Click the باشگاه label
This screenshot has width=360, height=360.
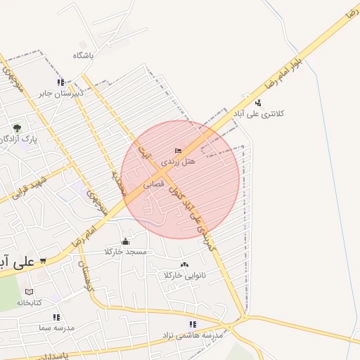83,55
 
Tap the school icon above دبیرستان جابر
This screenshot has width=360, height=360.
60,82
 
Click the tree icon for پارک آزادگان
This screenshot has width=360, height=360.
17,128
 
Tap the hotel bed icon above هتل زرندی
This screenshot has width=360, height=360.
178,150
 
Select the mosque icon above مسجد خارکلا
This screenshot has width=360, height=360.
125,241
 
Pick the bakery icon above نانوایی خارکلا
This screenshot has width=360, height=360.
184,264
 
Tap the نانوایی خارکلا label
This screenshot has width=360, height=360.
184,275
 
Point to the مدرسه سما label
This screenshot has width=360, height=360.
57,328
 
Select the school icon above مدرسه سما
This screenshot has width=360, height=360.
57,317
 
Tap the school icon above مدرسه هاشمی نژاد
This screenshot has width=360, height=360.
193,324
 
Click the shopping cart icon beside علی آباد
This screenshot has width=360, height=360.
44,261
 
